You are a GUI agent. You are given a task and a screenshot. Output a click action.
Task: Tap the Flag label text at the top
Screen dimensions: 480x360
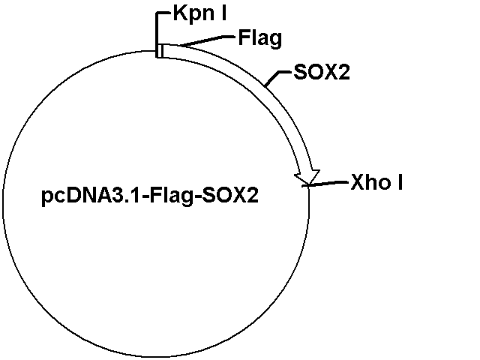(x=260, y=38)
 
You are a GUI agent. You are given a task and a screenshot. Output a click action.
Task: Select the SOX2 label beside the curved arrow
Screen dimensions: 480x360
(x=322, y=72)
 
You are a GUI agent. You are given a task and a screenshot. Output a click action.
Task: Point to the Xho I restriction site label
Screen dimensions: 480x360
(x=376, y=182)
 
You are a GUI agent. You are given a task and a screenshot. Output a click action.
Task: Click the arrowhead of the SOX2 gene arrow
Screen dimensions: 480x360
(x=307, y=177)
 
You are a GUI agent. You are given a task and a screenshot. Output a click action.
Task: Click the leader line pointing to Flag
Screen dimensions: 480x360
(x=207, y=41)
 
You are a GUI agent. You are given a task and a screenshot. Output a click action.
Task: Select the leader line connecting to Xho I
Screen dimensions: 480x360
(x=325, y=183)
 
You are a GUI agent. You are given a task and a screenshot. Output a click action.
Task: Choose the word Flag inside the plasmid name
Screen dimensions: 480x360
(x=172, y=196)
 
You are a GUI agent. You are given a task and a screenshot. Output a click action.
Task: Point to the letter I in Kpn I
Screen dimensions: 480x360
(x=224, y=13)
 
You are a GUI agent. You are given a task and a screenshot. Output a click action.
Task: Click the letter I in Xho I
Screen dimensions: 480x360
(x=400, y=182)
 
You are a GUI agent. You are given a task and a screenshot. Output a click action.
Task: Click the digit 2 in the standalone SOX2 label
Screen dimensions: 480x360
(x=343, y=72)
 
